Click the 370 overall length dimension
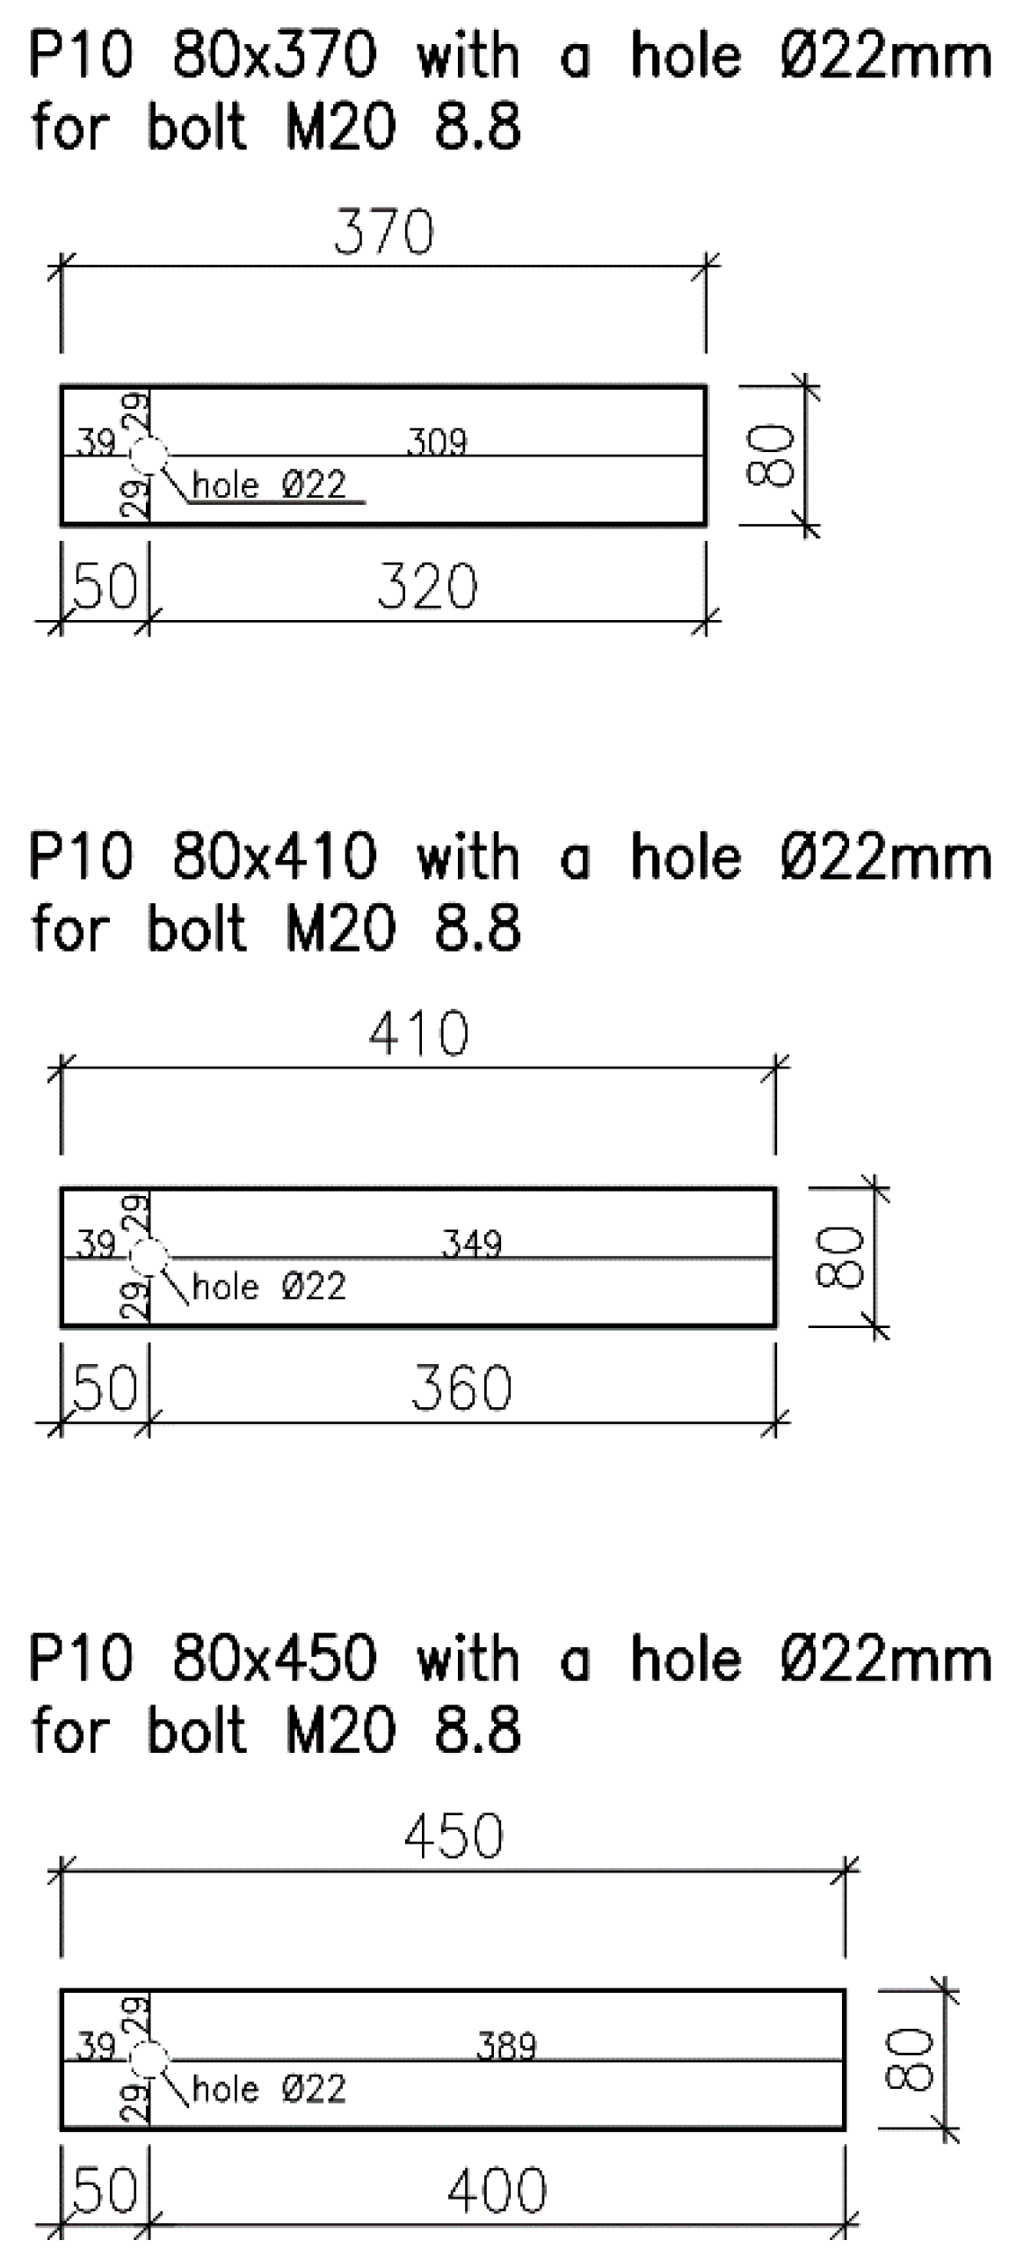(x=384, y=234)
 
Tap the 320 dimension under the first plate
(x=427, y=587)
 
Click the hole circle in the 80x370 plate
(x=149, y=456)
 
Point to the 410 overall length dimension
(x=418, y=1034)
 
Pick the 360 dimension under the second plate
(x=461, y=1389)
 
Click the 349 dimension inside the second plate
(x=471, y=1244)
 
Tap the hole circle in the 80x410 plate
(x=149, y=1258)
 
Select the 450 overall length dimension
(x=454, y=1838)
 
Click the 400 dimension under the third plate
(x=497, y=2191)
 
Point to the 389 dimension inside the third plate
(x=506, y=2047)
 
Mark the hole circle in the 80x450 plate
(x=149, y=2061)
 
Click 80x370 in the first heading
(x=274, y=57)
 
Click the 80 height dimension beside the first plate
(x=772, y=456)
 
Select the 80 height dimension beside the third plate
(x=911, y=2061)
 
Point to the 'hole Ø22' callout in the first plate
(x=269, y=485)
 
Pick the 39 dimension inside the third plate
(x=96, y=2047)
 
